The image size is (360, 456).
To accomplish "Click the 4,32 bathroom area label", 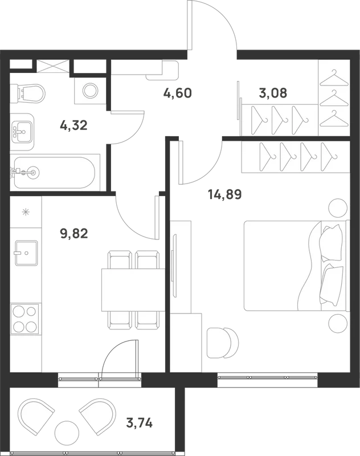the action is tap(73, 125).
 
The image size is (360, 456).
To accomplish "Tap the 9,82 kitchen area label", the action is tap(74, 233).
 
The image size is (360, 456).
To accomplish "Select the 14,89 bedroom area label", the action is tap(225, 194).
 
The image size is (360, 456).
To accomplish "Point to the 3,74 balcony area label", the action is tap(140, 422).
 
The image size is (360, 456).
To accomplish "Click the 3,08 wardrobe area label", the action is tap(273, 93).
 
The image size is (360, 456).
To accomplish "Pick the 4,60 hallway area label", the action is tap(178, 93).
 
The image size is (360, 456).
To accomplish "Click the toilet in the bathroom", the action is tap(27, 93).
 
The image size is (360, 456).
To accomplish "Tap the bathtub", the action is tap(55, 173).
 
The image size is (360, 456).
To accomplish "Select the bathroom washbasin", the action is tap(22, 132).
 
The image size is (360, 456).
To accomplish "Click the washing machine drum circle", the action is tap(90, 90).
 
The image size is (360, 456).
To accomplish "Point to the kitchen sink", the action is tap(26, 253).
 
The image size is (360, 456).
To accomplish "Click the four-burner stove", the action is tap(24, 319).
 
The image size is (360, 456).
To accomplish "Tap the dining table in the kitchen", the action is tap(133, 290).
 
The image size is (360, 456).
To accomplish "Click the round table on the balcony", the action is tap(67, 432).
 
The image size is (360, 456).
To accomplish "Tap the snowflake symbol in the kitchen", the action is tap(26, 212).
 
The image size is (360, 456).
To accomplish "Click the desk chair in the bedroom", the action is tap(222, 343).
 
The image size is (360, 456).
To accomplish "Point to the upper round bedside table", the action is tap(338, 207).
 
